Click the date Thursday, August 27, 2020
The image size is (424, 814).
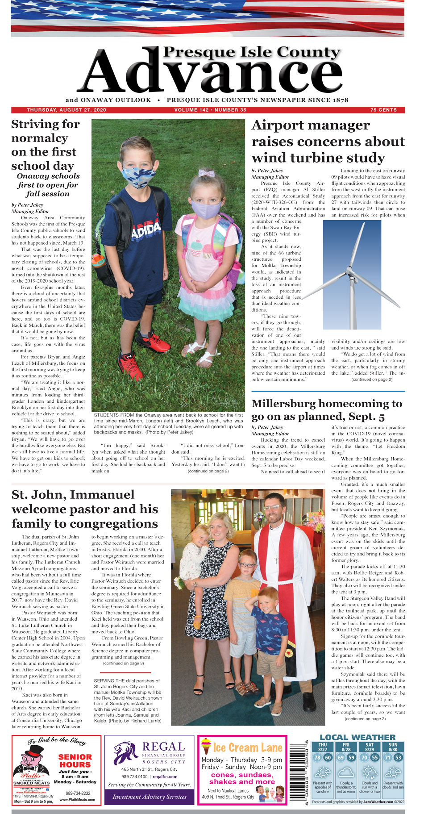click(66, 110)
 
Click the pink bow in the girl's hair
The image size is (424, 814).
click(206, 173)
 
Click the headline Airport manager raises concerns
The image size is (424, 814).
click(328, 142)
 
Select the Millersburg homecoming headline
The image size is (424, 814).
click(327, 410)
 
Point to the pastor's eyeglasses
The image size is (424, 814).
click(273, 508)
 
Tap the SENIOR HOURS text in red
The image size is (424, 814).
click(75, 761)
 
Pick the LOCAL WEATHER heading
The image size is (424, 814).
click(357, 737)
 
